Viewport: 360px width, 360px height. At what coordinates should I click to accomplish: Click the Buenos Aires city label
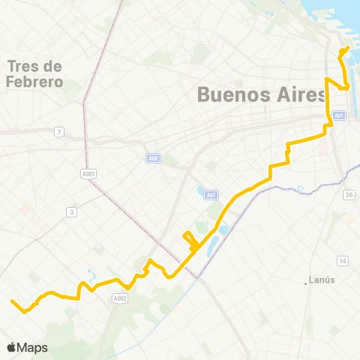click(262, 95)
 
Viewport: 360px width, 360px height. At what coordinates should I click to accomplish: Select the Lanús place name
click(323, 280)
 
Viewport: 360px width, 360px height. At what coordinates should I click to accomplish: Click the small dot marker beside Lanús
click(307, 282)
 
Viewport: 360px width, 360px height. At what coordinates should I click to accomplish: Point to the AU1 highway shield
click(339, 115)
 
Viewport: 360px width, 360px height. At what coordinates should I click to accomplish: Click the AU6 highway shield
click(153, 158)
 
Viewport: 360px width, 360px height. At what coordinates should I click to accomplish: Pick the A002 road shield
click(119, 298)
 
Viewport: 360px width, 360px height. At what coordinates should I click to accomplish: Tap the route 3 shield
click(71, 212)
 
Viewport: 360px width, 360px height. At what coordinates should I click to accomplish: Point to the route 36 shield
click(349, 195)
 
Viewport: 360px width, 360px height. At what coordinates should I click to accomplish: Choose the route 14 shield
click(342, 260)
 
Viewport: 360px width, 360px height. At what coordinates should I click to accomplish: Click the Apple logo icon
click(12, 347)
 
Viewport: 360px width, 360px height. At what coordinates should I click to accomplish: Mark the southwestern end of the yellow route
click(12, 301)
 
